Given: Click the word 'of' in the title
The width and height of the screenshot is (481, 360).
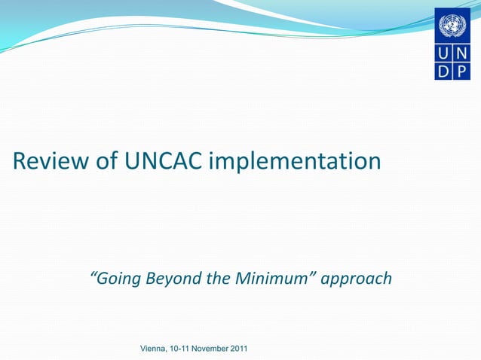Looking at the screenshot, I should (104, 161).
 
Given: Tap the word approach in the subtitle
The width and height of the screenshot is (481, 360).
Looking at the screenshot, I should (357, 279).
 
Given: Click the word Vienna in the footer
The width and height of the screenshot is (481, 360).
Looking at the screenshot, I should (154, 349).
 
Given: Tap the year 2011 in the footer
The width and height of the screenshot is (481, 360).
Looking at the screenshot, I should (239, 349).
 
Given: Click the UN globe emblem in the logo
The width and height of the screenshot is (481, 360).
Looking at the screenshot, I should (452, 25).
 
